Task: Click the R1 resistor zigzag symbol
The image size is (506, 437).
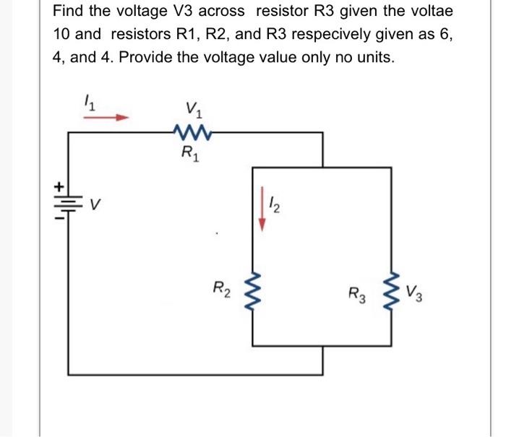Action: tap(193, 131)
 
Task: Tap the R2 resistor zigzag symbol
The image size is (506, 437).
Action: tap(252, 294)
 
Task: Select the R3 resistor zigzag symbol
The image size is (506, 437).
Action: tap(394, 294)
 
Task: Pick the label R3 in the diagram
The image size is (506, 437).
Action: tap(357, 295)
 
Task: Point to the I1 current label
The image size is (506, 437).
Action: tap(90, 104)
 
